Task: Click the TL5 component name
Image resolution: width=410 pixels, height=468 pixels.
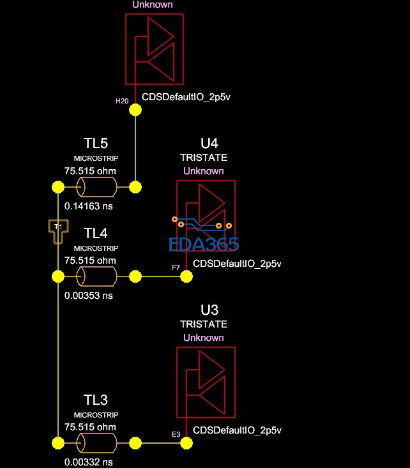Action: pos(95,142)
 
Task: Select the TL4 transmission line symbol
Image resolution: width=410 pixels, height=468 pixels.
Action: pos(96,276)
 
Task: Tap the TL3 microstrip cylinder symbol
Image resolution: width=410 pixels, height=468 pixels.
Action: pos(96,443)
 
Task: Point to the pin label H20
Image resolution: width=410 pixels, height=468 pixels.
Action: pos(121,101)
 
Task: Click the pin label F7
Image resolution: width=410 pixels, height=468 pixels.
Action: pos(176,268)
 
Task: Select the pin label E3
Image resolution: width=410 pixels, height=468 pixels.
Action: pos(176,434)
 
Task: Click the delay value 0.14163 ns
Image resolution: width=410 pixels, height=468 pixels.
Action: pos(89,206)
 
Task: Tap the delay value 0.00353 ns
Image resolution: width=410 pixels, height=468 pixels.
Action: pos(89,296)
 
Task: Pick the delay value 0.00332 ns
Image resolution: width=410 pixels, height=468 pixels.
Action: pos(89,462)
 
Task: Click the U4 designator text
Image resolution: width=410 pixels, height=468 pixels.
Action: pos(209,143)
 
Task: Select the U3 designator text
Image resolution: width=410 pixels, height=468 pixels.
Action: pos(209,310)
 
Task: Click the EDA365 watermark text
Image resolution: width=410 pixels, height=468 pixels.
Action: pos(204,244)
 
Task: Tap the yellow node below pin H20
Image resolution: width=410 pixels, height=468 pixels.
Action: pos(135,110)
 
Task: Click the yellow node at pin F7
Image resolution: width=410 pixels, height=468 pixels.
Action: pos(186,276)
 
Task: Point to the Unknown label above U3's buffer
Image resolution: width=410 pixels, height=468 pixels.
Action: pos(204,338)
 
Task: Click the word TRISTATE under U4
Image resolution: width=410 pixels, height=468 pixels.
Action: pos(204,157)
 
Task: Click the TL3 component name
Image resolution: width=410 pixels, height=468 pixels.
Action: pos(95,400)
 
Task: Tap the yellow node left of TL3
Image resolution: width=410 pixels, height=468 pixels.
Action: pos(57,443)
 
